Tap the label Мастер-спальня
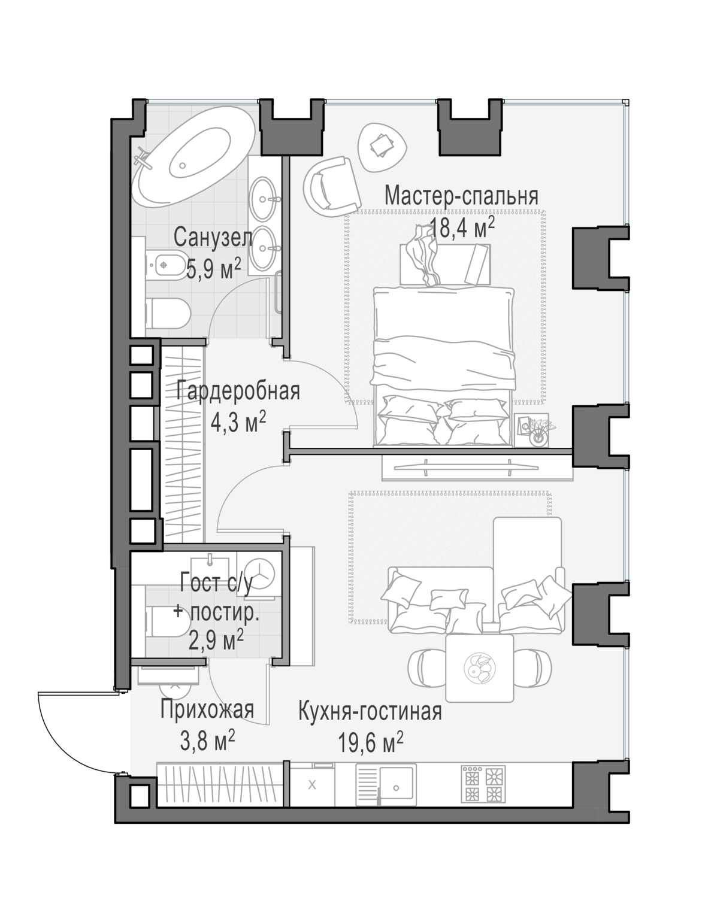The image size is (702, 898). click(x=461, y=196)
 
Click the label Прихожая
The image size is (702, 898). click(x=207, y=710)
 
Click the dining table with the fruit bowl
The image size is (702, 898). click(x=480, y=668)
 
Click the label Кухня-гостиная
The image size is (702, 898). click(x=370, y=712)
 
